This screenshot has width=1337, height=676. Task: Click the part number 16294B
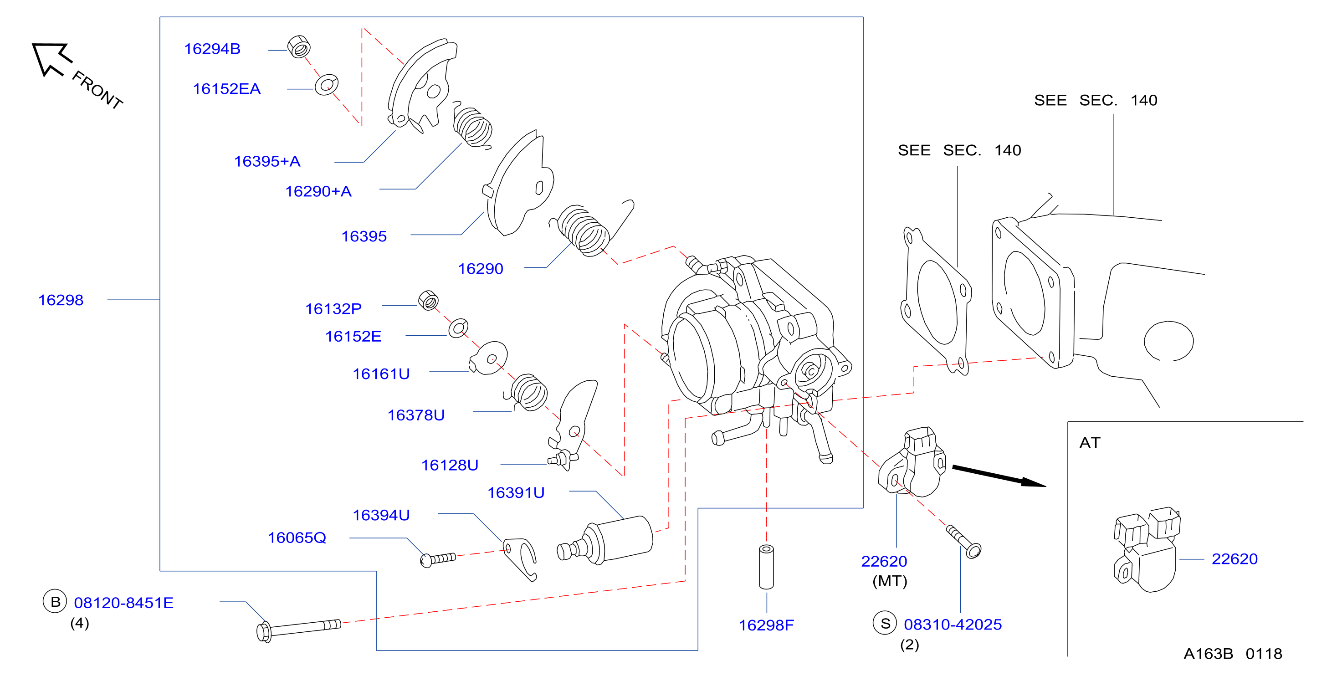coord(212,49)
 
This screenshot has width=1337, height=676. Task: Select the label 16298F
coord(766,625)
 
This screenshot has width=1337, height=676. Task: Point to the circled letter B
coord(55,601)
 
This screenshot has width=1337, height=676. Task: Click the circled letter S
coord(885,623)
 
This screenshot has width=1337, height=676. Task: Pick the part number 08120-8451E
coord(123,603)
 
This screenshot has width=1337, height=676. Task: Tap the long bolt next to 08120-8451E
coord(298,630)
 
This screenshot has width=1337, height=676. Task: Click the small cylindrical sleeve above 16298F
coord(766,567)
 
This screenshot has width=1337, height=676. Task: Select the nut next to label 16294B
coord(299,47)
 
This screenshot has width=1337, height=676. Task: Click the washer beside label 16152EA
coord(327,85)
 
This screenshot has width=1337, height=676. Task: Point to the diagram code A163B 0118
coord(1233,654)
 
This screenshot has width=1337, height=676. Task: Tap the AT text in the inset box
coord(1090,442)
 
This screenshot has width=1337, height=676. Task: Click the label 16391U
coord(516,493)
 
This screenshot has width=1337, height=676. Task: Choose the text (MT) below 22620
coord(890,580)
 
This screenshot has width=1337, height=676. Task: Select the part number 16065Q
coord(297,538)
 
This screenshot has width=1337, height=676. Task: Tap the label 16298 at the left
coord(61,300)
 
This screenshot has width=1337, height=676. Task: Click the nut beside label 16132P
coord(428,301)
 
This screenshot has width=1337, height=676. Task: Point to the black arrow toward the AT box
coord(999,476)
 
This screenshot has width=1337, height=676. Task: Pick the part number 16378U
coord(416,415)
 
